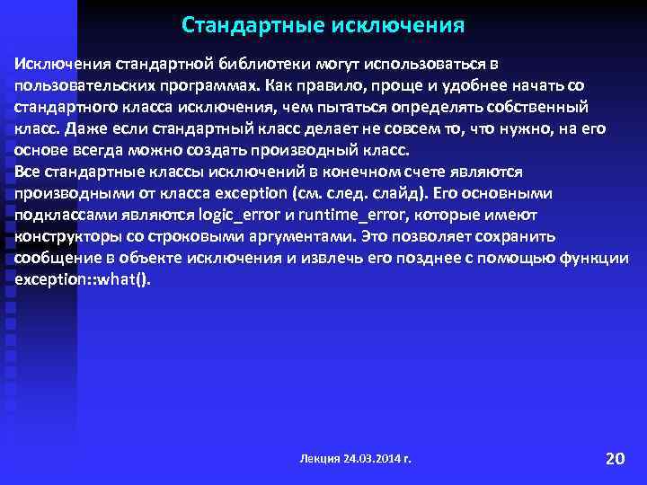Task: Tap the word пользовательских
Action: (x=75, y=86)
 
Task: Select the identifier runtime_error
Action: (x=348, y=215)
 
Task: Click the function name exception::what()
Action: (x=84, y=279)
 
